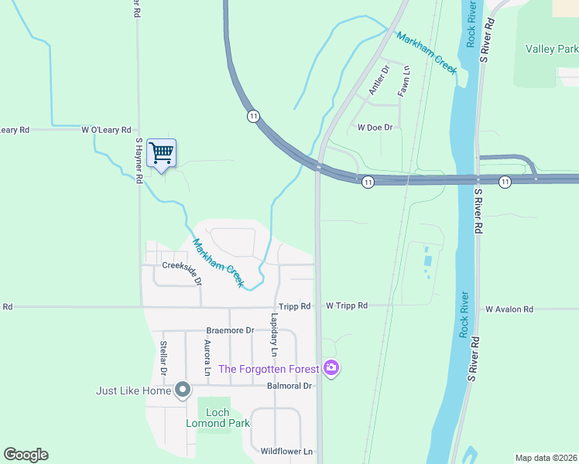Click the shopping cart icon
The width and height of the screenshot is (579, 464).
(x=161, y=153)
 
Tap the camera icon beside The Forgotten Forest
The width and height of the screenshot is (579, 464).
(x=331, y=368)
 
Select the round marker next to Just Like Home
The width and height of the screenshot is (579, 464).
(x=183, y=390)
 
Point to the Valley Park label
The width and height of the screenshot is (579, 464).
(x=551, y=49)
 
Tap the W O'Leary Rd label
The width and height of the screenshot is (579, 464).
(x=107, y=130)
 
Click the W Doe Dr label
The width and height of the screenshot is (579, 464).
(x=375, y=127)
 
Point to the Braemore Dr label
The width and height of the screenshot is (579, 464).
(x=230, y=330)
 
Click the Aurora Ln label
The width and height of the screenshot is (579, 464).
(x=207, y=357)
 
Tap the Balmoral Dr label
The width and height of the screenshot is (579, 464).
(x=289, y=386)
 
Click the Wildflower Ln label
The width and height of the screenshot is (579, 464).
(x=286, y=451)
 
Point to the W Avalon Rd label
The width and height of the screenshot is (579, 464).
(x=509, y=309)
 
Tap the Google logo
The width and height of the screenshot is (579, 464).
(x=26, y=455)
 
